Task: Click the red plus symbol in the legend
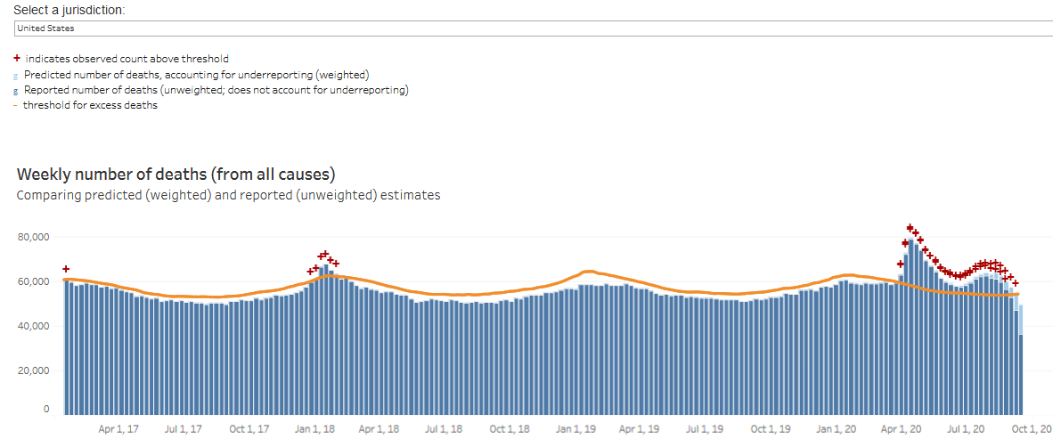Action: (17, 59)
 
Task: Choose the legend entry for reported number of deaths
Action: (211, 90)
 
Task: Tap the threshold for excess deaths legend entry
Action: (86, 105)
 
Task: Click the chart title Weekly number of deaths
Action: (175, 175)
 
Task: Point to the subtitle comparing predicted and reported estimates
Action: (228, 195)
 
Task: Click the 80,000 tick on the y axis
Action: (33, 237)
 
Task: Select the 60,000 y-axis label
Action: (33, 281)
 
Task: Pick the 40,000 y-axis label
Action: (33, 326)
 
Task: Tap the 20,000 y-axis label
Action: (33, 370)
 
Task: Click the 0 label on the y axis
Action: (46, 409)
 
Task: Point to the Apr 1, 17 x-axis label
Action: (118, 428)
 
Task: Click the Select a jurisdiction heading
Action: (69, 10)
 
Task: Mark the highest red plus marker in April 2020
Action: (910, 228)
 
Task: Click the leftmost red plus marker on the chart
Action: (66, 269)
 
